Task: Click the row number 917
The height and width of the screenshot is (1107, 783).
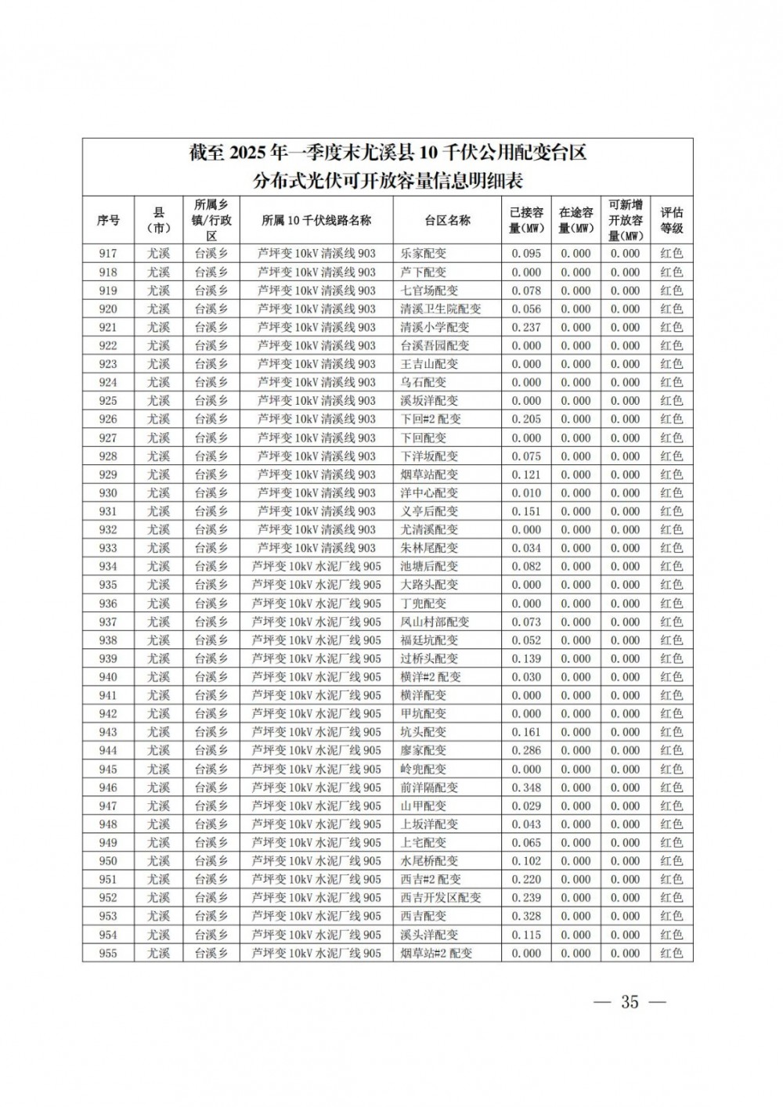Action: click(108, 254)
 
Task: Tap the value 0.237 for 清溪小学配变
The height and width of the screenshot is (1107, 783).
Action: click(526, 327)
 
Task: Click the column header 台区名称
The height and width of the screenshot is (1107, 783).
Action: click(447, 221)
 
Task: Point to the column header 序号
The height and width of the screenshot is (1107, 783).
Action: click(108, 221)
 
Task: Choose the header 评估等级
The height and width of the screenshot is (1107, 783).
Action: click(671, 221)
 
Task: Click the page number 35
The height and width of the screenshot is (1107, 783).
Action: click(630, 1002)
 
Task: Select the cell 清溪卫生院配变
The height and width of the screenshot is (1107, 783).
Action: click(441, 309)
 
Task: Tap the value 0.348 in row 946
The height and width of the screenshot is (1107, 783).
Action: click(526, 788)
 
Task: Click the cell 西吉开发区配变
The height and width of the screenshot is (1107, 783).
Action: click(441, 898)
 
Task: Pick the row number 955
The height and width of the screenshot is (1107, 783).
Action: click(108, 953)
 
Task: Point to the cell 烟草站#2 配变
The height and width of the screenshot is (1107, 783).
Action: click(437, 953)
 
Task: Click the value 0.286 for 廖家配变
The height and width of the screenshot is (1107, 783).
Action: click(526, 751)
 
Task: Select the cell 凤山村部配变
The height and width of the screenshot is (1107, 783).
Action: click(435, 622)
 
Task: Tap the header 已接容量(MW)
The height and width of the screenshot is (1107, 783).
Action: click(526, 221)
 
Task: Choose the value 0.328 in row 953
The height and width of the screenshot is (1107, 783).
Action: click(526, 916)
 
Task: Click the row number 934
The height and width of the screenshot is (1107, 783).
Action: click(108, 567)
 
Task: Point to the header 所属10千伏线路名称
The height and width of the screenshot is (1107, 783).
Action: click(316, 221)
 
